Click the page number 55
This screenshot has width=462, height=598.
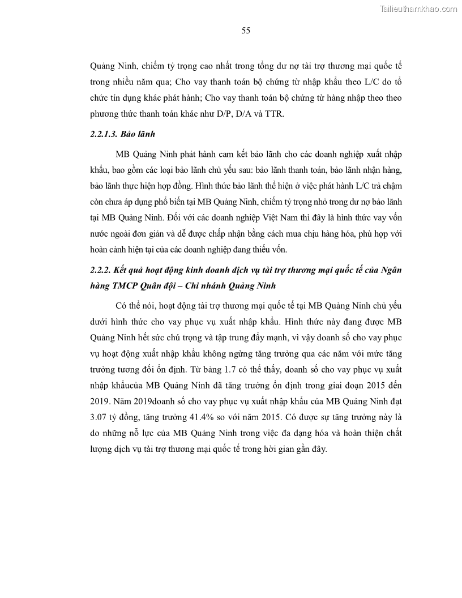(246, 31)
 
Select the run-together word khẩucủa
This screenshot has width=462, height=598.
(117, 386)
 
